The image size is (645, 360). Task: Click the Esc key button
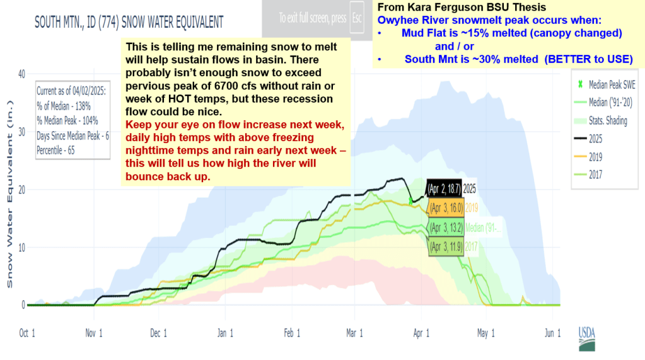tap(357, 18)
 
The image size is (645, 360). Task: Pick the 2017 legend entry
tap(596, 175)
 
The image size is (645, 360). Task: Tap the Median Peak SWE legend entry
tap(605, 83)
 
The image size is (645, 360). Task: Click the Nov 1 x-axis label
tap(93, 333)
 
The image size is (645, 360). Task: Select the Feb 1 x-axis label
tap(291, 333)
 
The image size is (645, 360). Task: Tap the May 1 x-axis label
tap(486, 333)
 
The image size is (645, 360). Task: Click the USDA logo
tap(586, 337)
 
